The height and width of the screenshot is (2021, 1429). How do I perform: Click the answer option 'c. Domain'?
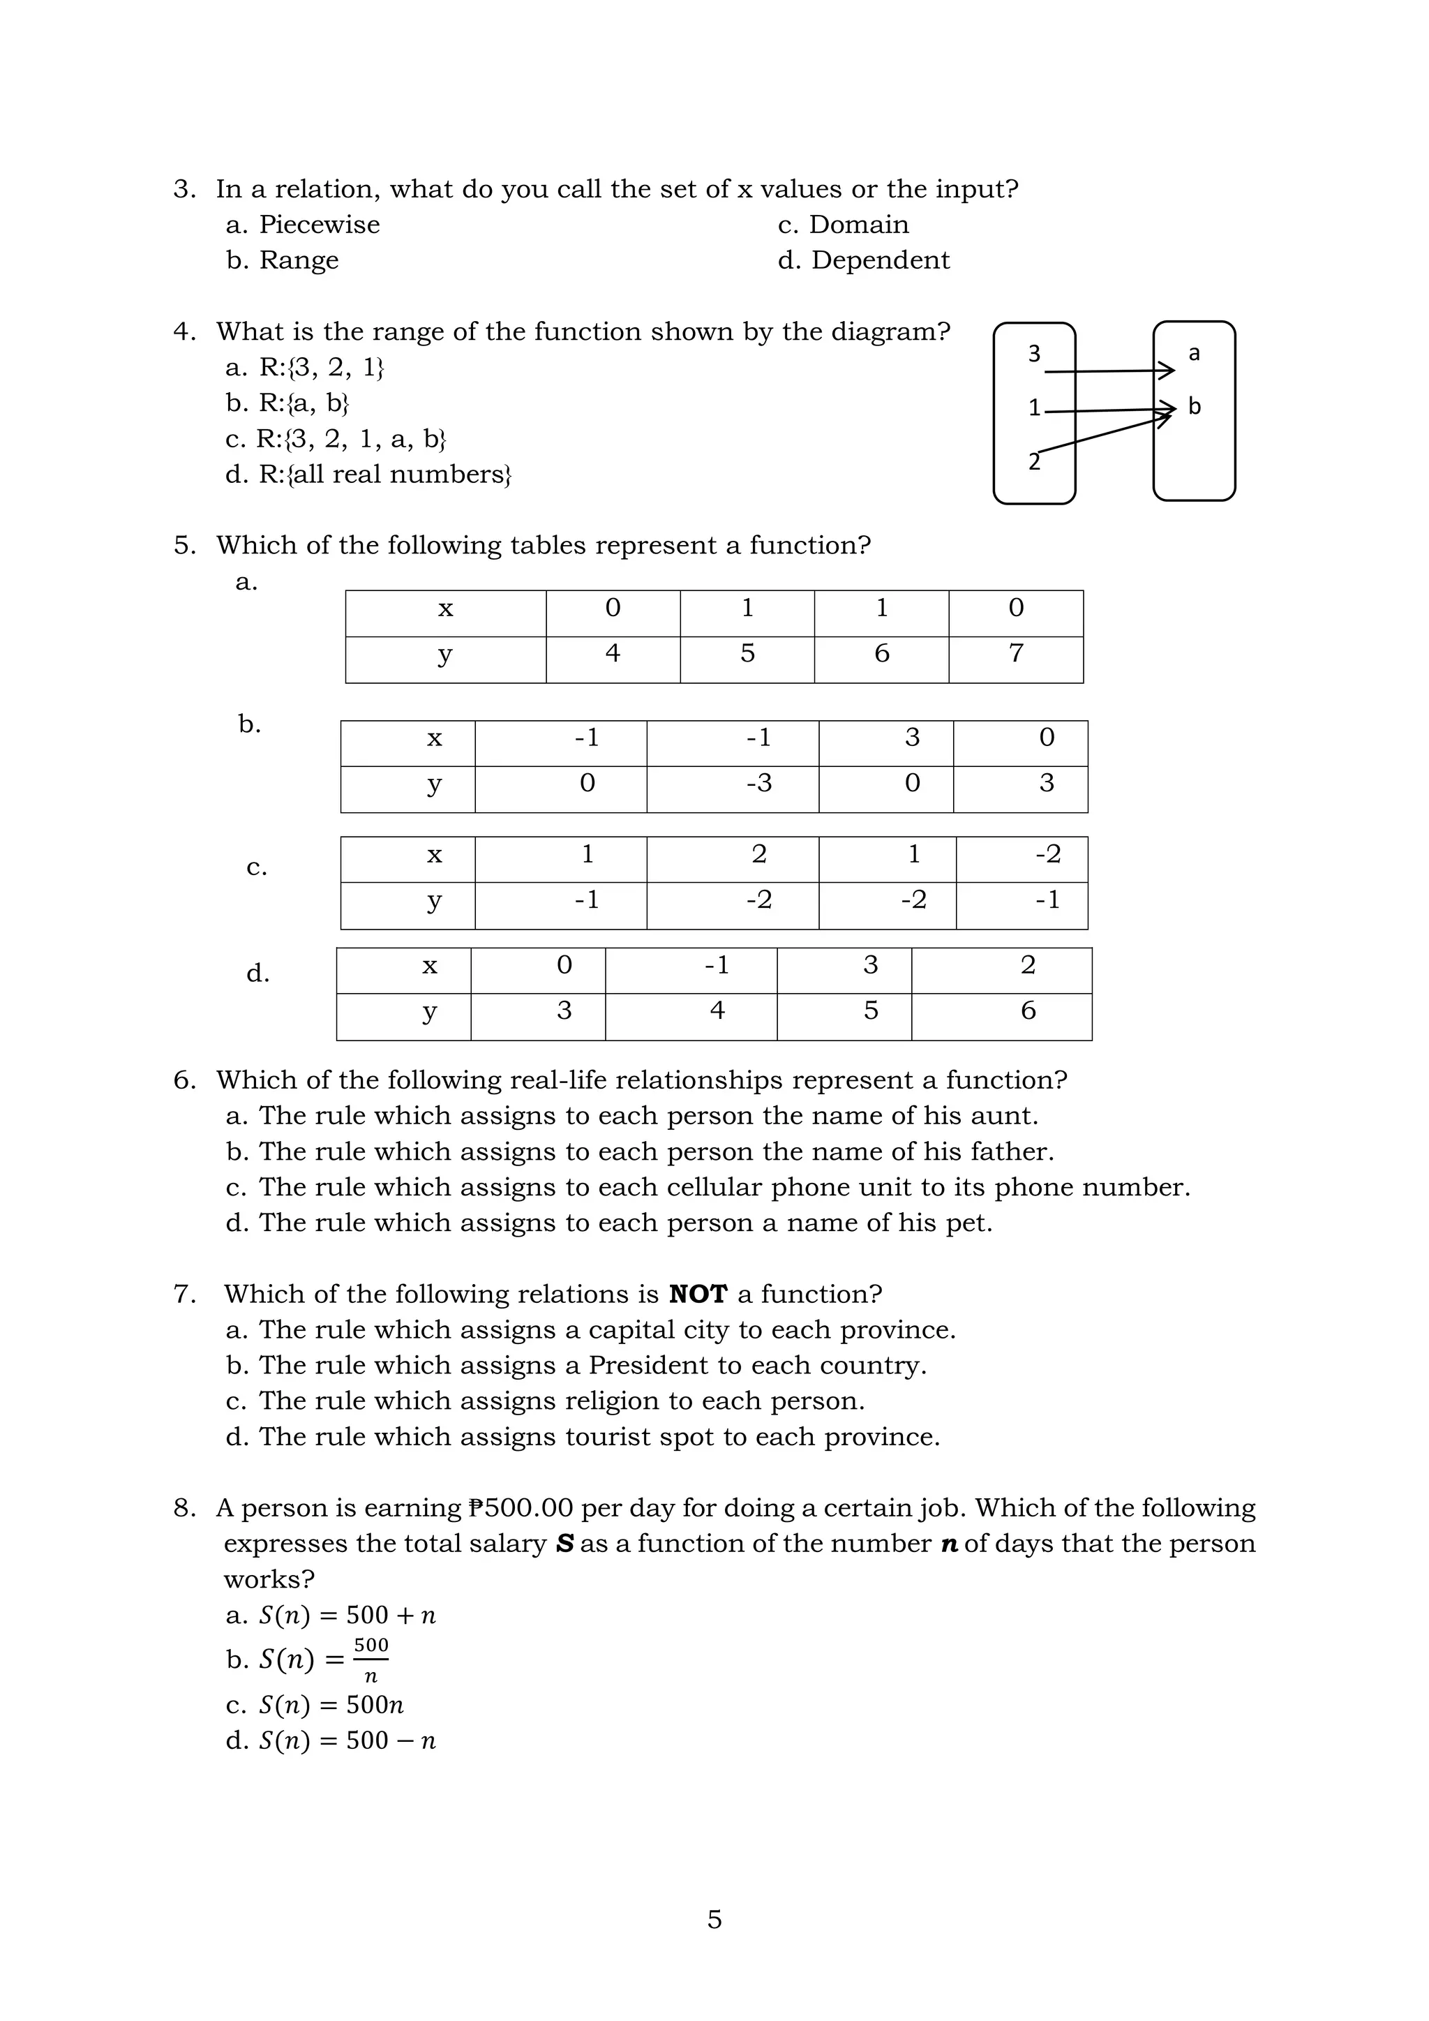[x=843, y=225]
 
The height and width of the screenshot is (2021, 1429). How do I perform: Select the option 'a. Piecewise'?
[x=303, y=225]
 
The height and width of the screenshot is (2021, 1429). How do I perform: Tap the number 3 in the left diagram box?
[x=1034, y=354]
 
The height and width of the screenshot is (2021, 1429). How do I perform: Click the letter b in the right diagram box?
[x=1194, y=407]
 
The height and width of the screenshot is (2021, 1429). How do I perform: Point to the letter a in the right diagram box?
[x=1194, y=354]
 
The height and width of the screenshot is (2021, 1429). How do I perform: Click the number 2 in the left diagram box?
[x=1034, y=462]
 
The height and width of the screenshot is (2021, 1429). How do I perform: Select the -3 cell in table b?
[x=758, y=784]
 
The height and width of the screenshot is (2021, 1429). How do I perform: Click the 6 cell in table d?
[x=1028, y=1011]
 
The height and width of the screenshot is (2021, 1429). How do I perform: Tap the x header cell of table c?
[x=434, y=855]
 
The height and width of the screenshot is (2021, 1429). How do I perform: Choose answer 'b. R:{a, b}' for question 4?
[x=287, y=404]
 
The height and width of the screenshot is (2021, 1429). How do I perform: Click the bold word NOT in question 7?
[x=698, y=1295]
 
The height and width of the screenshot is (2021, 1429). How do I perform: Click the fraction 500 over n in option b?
[x=371, y=1660]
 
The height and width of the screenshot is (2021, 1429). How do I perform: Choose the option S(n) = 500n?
[x=331, y=1706]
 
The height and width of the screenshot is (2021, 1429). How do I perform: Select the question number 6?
[x=183, y=1081]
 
